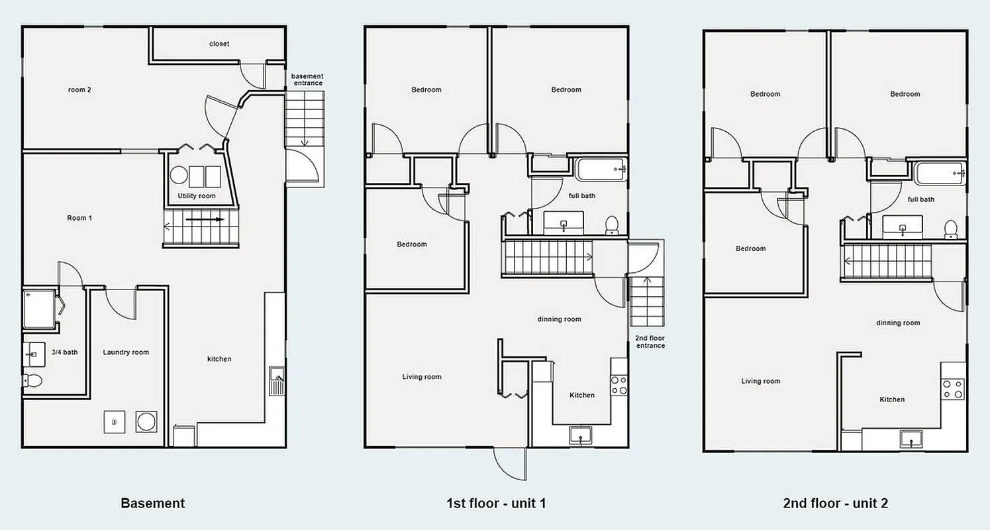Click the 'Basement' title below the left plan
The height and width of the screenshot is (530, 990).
pos(152,503)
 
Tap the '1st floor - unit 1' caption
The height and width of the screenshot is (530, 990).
pos(496,503)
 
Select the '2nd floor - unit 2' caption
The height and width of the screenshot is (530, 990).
pos(835,503)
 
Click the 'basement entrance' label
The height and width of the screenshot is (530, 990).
pos(307,79)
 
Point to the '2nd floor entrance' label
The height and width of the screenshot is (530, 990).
pos(650,342)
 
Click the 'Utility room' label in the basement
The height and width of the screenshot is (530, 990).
pos(197,196)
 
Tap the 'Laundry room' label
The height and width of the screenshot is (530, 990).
pos(126,352)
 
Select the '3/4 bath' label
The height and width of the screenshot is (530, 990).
pos(65,352)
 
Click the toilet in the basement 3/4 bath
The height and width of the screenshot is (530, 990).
pos(32,380)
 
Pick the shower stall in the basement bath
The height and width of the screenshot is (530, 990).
pos(39,309)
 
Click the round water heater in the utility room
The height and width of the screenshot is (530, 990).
pos(179,176)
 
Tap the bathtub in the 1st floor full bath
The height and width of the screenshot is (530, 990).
pos(601,170)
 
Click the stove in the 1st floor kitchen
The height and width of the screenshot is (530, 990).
pos(619,385)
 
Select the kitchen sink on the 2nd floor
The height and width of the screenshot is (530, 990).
pos(911,439)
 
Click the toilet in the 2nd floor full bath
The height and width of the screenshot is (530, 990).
pos(951,229)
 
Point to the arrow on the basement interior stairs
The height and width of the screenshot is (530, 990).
pos(205,219)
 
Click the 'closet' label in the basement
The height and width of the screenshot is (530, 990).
pos(219,44)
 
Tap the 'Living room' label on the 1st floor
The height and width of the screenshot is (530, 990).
pos(422,377)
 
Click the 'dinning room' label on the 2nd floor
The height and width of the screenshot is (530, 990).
pos(898,323)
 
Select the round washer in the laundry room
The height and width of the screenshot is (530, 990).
pos(146,421)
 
